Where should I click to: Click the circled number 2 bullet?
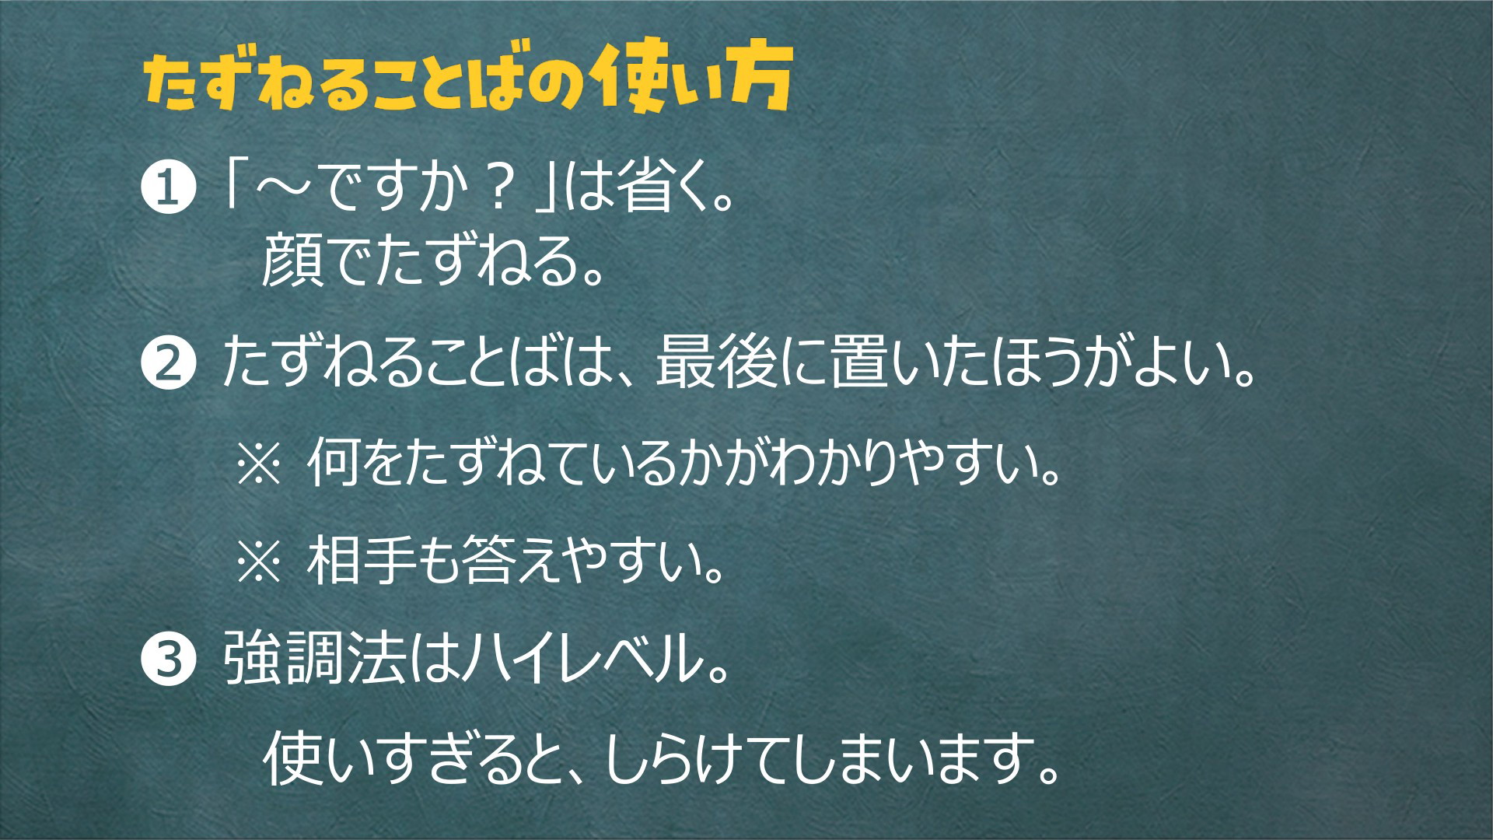point(166,368)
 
